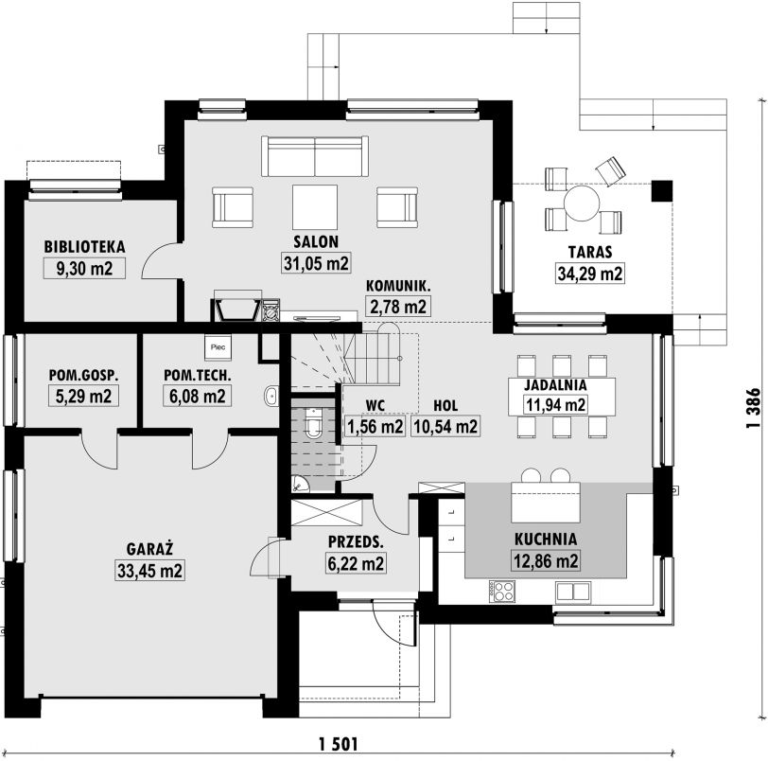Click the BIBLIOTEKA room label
[x=84, y=246]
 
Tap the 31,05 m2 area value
[x=316, y=263]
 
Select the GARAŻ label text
[x=149, y=548]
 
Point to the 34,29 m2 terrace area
[x=590, y=273]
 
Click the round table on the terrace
[x=582, y=203]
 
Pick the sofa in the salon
[x=315, y=156]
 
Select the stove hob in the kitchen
[x=501, y=591]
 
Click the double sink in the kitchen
[x=572, y=592]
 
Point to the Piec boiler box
[x=218, y=347]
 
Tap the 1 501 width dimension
[x=338, y=744]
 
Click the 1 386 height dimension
[x=753, y=408]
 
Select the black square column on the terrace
[x=662, y=191]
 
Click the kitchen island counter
[x=546, y=503]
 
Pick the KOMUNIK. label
[x=398, y=286]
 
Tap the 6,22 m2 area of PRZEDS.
[x=356, y=563]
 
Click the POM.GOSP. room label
[x=84, y=376]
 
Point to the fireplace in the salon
[x=236, y=310]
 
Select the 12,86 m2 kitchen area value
[x=546, y=560]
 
